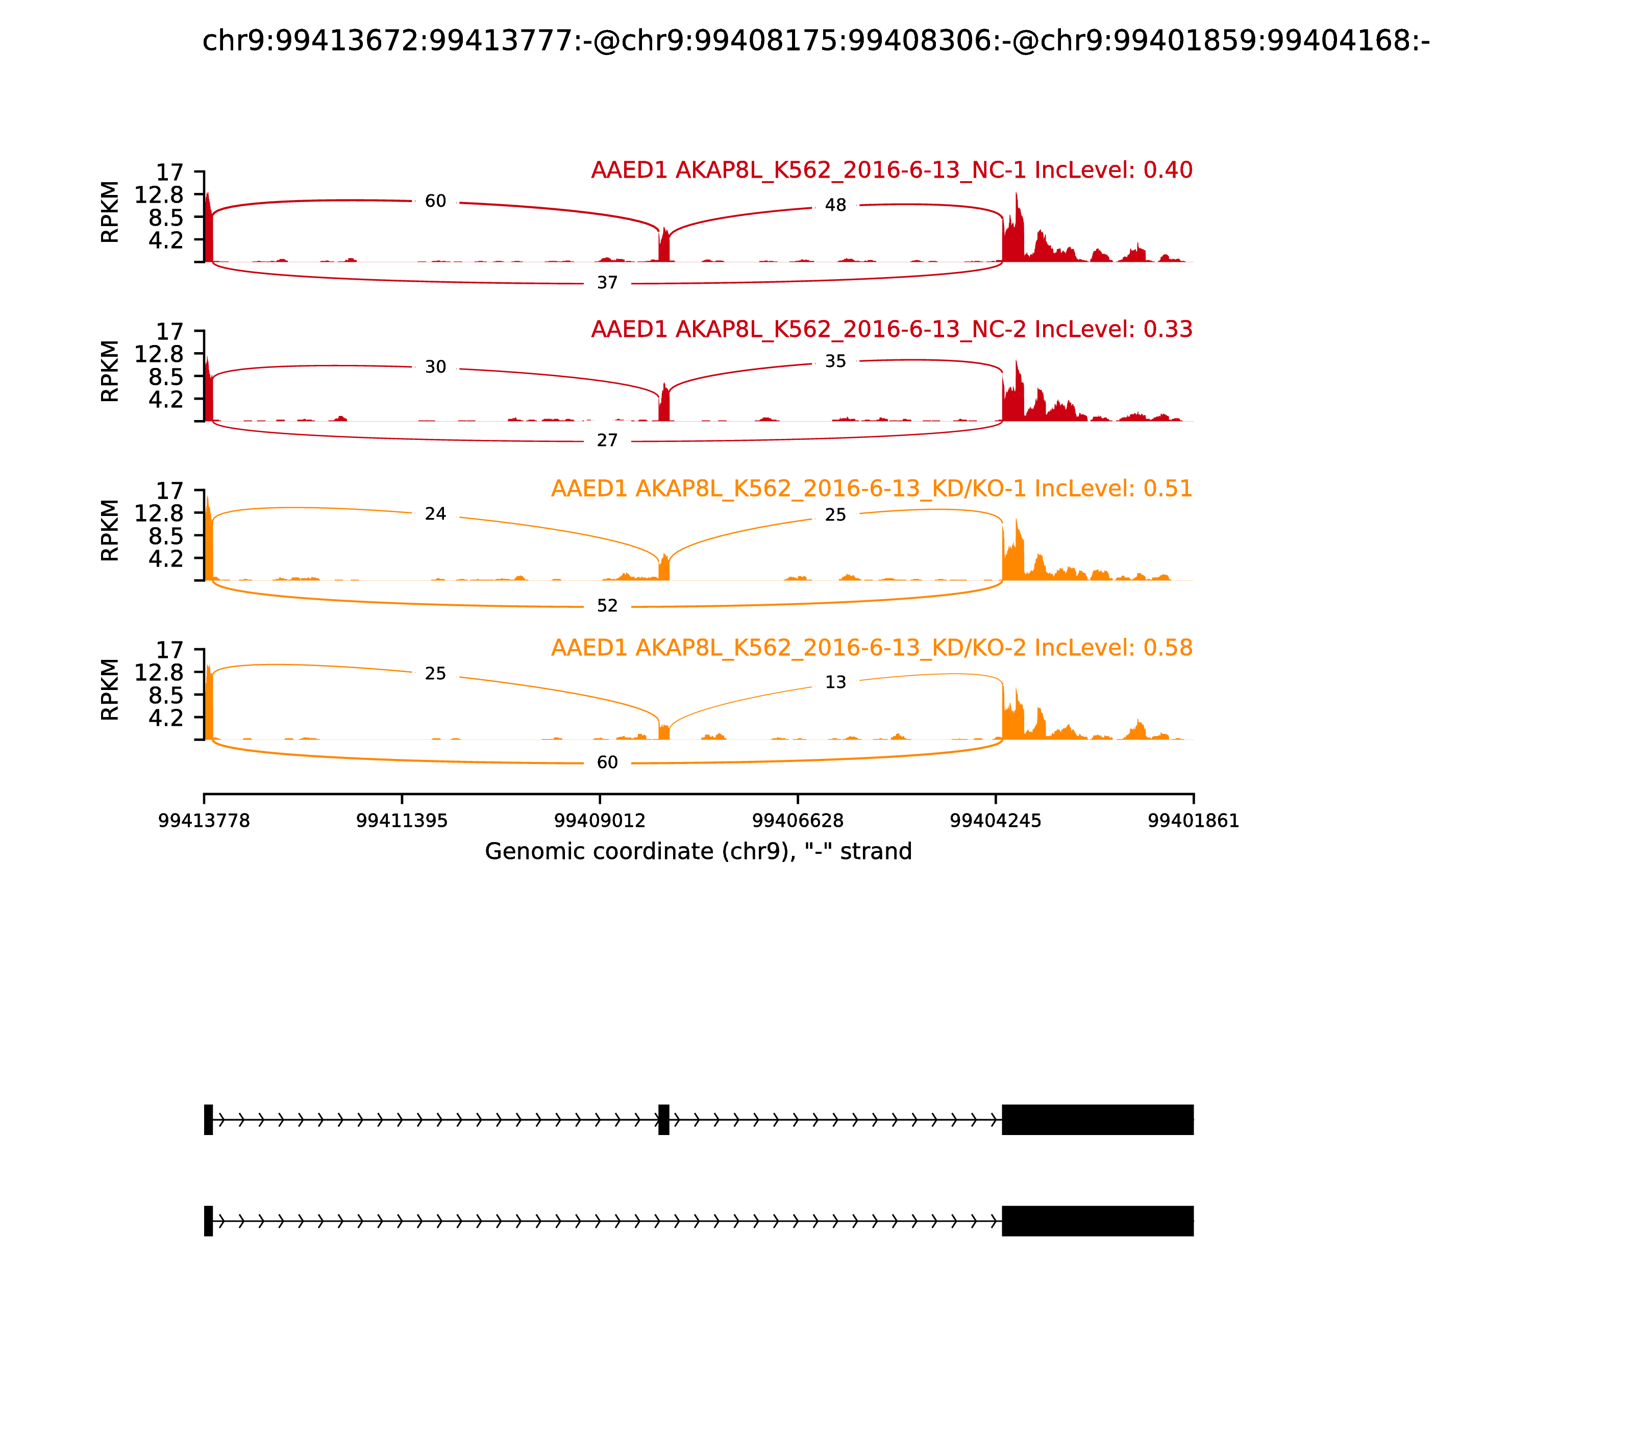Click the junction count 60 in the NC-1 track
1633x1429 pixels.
coord(435,202)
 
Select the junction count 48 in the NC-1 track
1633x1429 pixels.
coord(835,206)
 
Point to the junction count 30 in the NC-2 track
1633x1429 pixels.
coord(435,367)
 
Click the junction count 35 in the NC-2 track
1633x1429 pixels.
coord(835,362)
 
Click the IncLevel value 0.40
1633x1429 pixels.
coord(1168,170)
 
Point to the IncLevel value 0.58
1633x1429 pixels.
coord(1168,648)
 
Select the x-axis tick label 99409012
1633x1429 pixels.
coord(600,821)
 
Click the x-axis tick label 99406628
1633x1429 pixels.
coord(797,821)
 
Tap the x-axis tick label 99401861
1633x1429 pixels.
coord(1193,821)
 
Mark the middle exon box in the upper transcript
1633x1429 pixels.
coord(663,1120)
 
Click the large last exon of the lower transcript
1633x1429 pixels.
coord(1097,1221)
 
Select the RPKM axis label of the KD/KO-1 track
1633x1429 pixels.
coord(110,530)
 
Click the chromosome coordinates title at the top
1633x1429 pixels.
coord(815,41)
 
